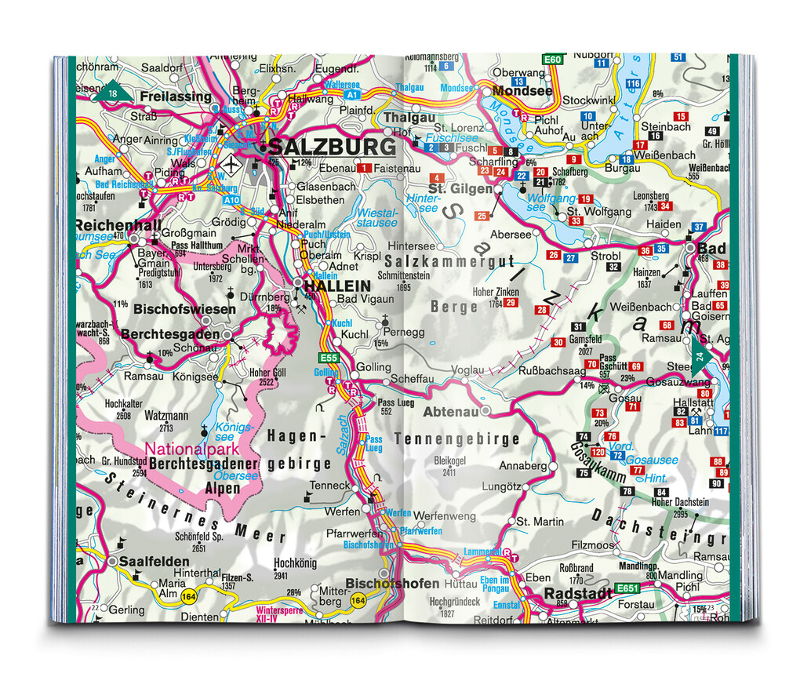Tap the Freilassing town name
(x=176, y=96)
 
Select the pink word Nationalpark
(x=191, y=450)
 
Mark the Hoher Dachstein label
(x=680, y=502)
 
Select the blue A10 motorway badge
(x=231, y=201)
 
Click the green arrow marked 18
(x=109, y=92)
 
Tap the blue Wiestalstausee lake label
(x=377, y=217)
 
